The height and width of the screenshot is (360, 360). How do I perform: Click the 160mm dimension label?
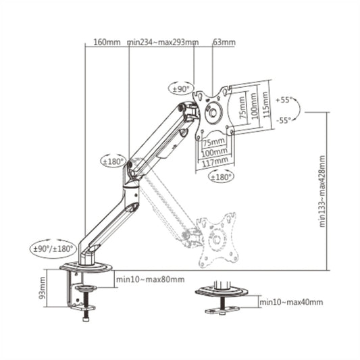tap(107, 43)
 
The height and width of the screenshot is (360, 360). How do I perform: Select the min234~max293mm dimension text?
tap(163, 43)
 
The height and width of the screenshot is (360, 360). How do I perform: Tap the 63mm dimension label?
tap(224, 43)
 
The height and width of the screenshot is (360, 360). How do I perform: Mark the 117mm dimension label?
tap(214, 161)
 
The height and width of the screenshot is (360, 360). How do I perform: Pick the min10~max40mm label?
tap(291, 303)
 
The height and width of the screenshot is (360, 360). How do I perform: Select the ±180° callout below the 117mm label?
tap(221, 176)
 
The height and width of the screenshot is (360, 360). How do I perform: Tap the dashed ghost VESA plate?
tap(217, 239)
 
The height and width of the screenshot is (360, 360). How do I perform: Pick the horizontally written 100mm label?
tap(214, 152)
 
